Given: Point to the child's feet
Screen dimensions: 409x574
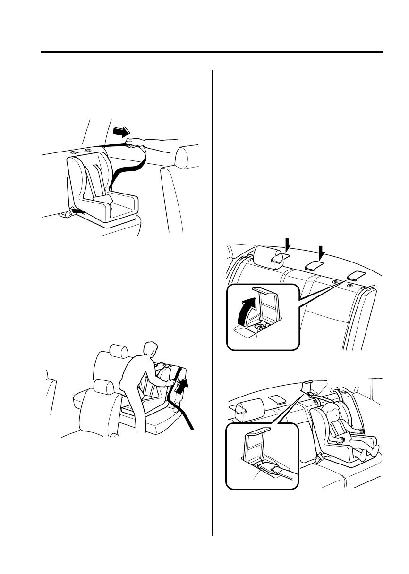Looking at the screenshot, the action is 364,454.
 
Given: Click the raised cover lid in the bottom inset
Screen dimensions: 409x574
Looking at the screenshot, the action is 257,431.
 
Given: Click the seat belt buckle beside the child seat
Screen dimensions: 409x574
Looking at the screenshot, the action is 320,457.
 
